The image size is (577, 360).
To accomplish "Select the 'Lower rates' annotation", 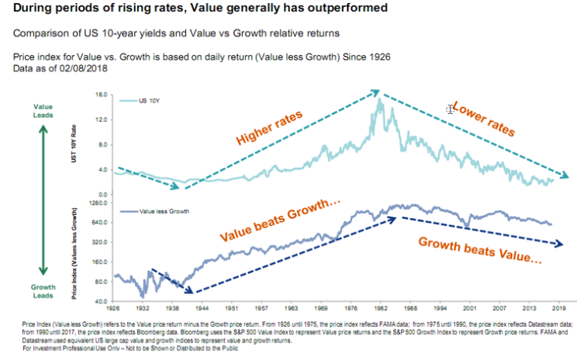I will pos(483,119).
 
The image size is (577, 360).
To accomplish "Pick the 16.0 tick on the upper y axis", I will pos(100,95).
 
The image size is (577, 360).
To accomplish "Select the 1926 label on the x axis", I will pos(115,307).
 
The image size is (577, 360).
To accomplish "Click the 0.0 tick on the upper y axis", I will pos(102,193).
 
